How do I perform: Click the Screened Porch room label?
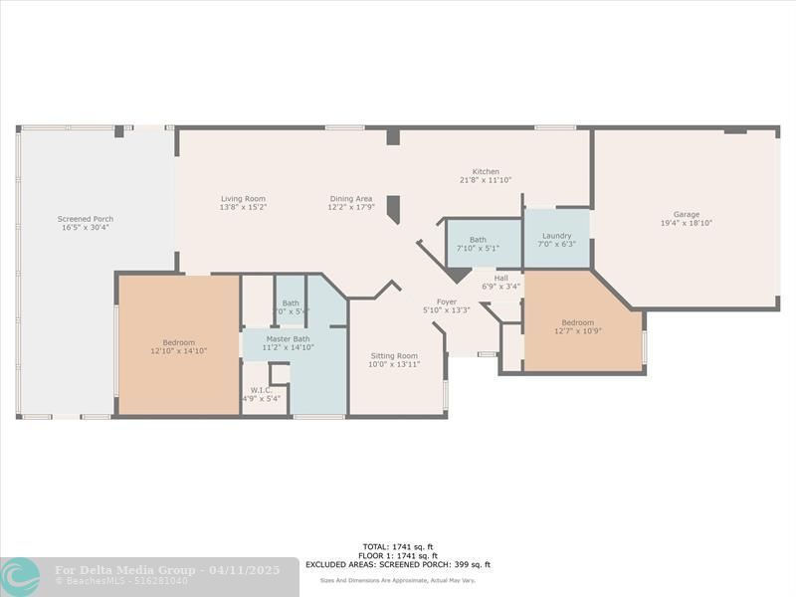[86, 219]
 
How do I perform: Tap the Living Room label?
[243, 199]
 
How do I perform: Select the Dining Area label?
[350, 199]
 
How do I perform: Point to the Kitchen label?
[486, 172]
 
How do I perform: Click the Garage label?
[686, 214]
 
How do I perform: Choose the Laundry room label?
[556, 236]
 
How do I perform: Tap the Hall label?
[500, 279]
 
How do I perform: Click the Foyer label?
[447, 301]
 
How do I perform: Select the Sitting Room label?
[394, 356]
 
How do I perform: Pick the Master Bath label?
[288, 338]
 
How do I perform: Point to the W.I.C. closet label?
[261, 390]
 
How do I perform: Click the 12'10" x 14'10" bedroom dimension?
[178, 351]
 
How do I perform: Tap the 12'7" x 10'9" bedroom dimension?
[577, 331]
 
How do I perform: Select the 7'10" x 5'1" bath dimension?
[479, 248]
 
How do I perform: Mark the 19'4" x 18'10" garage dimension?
[686, 223]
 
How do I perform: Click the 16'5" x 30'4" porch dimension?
[86, 228]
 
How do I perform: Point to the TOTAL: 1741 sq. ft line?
[397, 546]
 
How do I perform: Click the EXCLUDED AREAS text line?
[397, 564]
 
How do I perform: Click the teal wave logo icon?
[21, 576]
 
